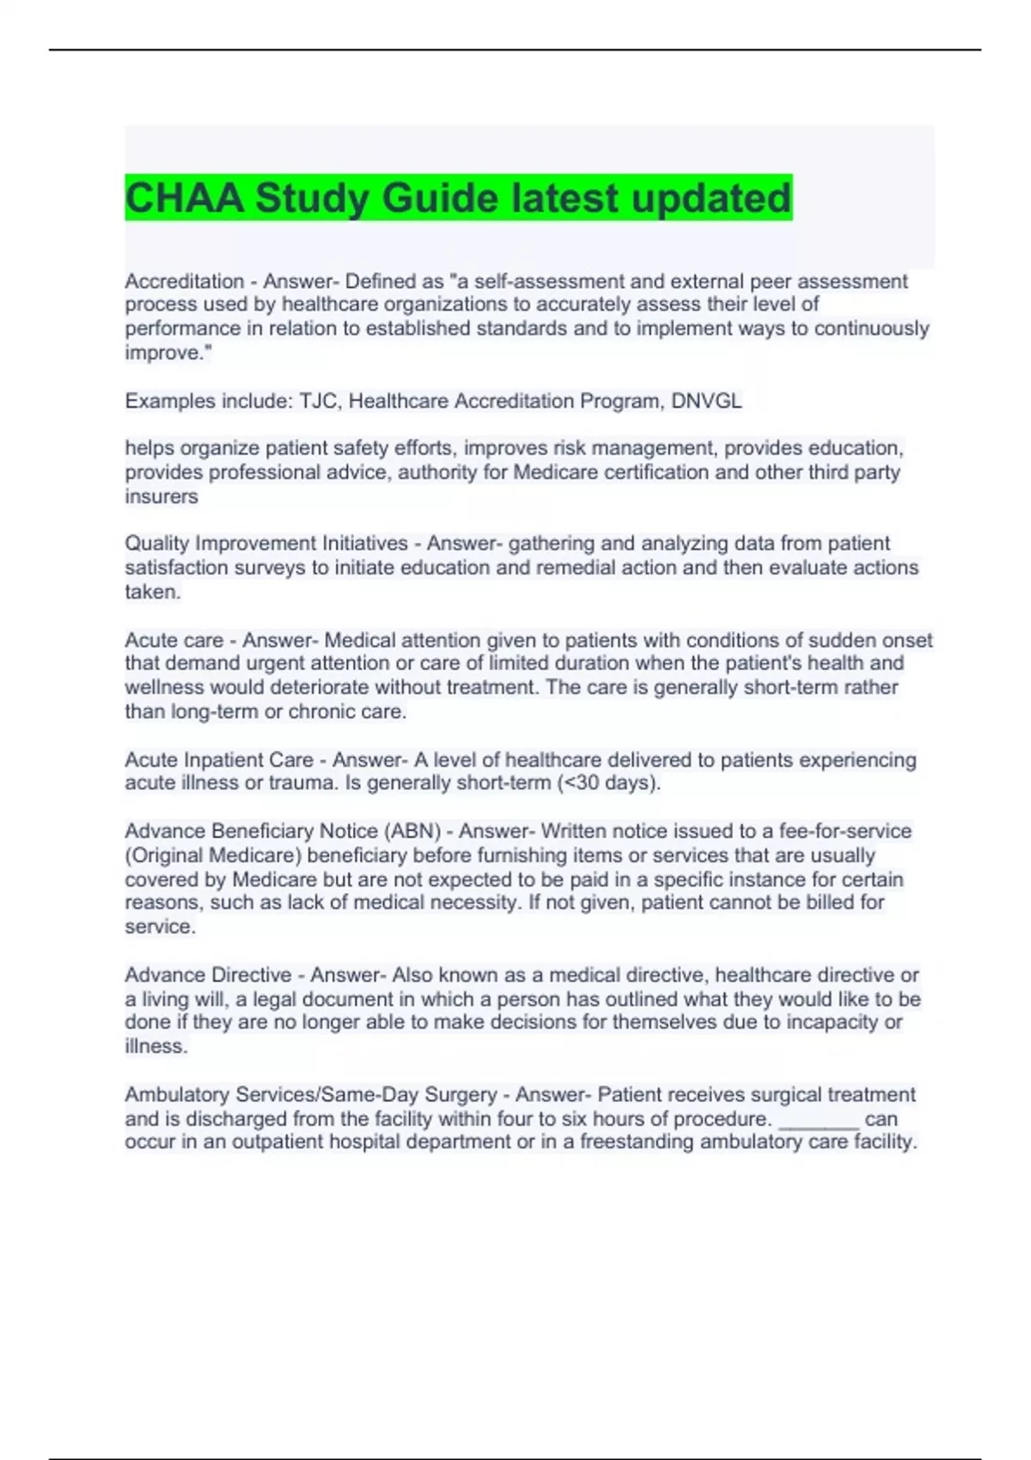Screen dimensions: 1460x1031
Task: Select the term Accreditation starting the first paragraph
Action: tap(185, 281)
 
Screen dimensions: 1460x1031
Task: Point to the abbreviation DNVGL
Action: tap(706, 401)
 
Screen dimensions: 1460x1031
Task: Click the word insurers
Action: tap(162, 496)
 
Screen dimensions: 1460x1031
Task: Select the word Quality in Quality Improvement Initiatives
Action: tap(157, 544)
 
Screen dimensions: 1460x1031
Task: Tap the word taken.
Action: tap(153, 592)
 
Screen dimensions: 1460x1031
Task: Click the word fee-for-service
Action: tap(845, 831)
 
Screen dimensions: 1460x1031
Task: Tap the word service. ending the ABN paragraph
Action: tap(161, 927)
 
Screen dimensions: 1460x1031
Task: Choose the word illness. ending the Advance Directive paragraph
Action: tap(156, 1046)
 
